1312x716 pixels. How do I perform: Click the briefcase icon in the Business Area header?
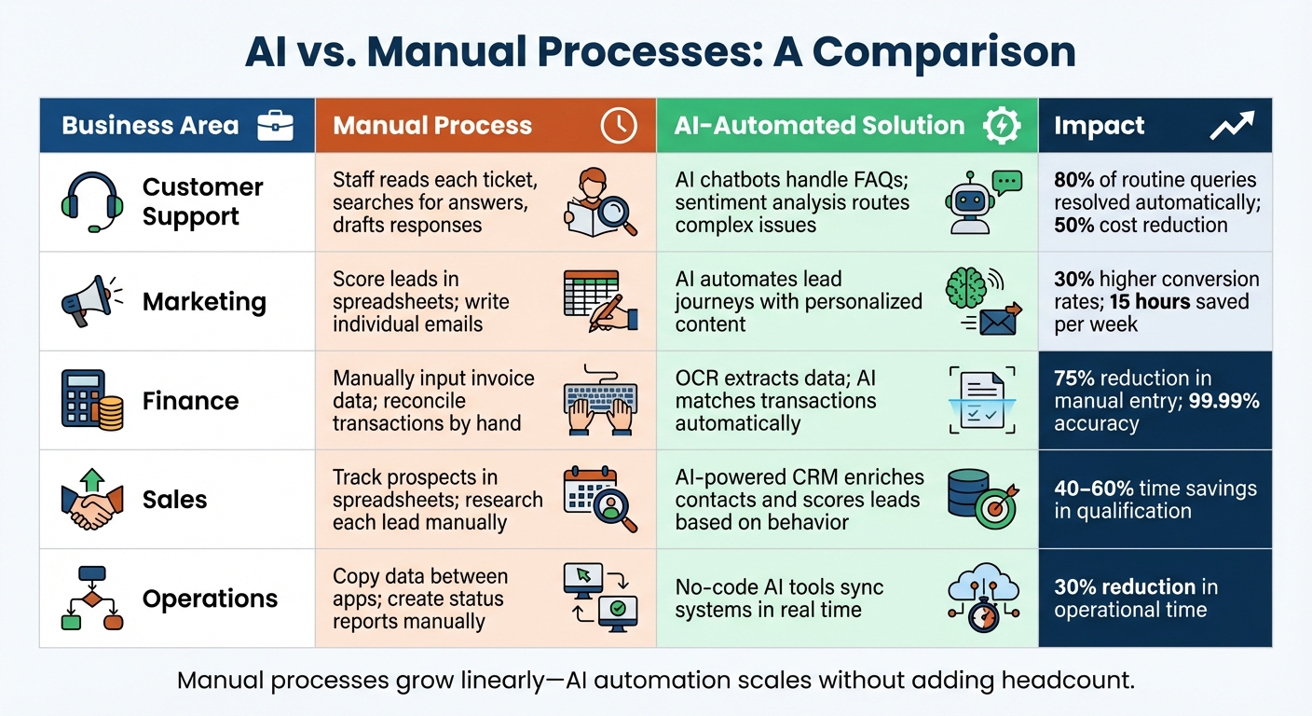[x=275, y=126]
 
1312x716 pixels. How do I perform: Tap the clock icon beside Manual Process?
[x=619, y=126]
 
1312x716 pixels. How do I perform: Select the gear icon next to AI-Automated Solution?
[x=1003, y=126]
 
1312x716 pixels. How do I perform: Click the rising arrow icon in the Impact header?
[x=1232, y=126]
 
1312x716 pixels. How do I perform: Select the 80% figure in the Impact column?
[x=1074, y=181]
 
